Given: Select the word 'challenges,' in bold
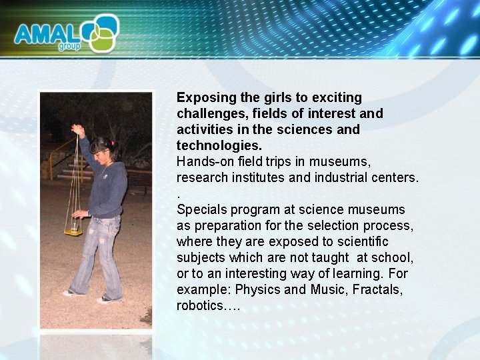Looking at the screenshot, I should (x=211, y=114).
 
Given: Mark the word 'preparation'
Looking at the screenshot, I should (x=225, y=225).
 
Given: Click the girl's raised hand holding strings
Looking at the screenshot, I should (x=78, y=129).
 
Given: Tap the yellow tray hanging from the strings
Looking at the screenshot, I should (x=72, y=231).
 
